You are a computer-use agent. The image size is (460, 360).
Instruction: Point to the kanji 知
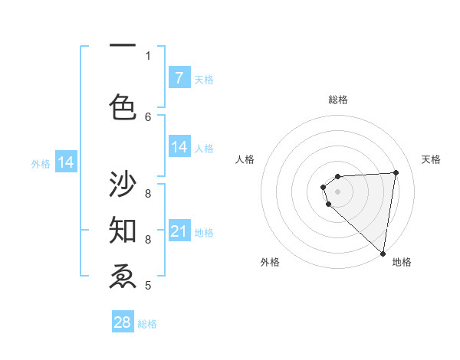coord(123,229)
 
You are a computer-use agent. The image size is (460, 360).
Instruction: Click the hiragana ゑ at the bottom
coord(123,276)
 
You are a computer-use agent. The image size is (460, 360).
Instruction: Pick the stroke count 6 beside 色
coord(149,116)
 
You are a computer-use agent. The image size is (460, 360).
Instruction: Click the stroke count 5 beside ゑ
coord(148,286)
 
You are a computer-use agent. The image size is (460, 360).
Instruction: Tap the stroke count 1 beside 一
coord(148,55)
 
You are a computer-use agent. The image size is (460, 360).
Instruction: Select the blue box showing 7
coord(179,78)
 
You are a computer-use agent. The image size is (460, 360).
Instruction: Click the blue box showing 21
coord(179,231)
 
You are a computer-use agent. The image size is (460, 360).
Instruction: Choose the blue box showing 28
coord(123,322)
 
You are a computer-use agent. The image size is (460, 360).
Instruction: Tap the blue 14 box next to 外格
coord(66,162)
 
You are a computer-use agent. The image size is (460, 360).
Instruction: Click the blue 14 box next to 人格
coord(179,147)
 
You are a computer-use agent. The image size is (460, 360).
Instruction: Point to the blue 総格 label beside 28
coord(147,323)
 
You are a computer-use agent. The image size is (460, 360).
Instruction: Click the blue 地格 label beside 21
coord(204,232)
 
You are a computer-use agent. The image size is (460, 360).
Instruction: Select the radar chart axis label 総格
coord(337,100)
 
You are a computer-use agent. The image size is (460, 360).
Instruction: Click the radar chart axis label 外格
coord(270,262)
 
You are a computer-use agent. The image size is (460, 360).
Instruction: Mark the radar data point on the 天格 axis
coord(396,172)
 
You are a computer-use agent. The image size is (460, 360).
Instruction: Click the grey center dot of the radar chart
coord(337,191)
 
